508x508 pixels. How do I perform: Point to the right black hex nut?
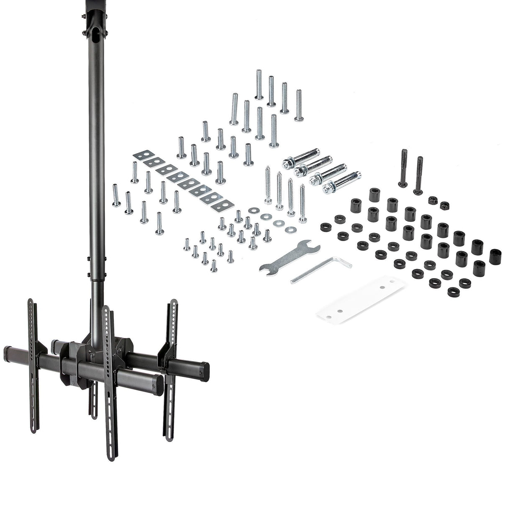point(445,205)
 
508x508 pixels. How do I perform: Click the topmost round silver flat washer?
point(252,210)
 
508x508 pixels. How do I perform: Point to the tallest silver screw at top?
point(259,84)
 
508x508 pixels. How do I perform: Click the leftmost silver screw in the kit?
point(116,197)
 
